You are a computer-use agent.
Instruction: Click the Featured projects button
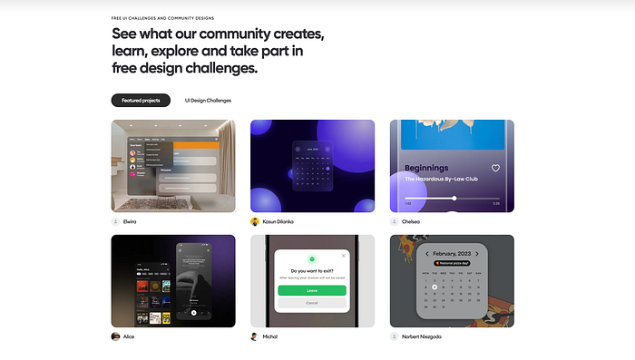141,100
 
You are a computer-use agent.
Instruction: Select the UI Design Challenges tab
208,100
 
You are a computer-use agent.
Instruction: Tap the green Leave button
311,290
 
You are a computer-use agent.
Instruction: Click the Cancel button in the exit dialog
311,303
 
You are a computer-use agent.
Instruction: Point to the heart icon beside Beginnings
495,168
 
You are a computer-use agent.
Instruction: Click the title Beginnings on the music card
426,168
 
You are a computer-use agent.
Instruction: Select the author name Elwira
130,221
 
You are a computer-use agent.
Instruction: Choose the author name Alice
129,336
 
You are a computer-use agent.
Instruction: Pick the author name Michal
270,336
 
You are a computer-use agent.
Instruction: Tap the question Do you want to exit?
311,270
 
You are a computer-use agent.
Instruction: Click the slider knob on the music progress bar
454,198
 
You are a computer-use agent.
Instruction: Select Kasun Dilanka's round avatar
255,221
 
